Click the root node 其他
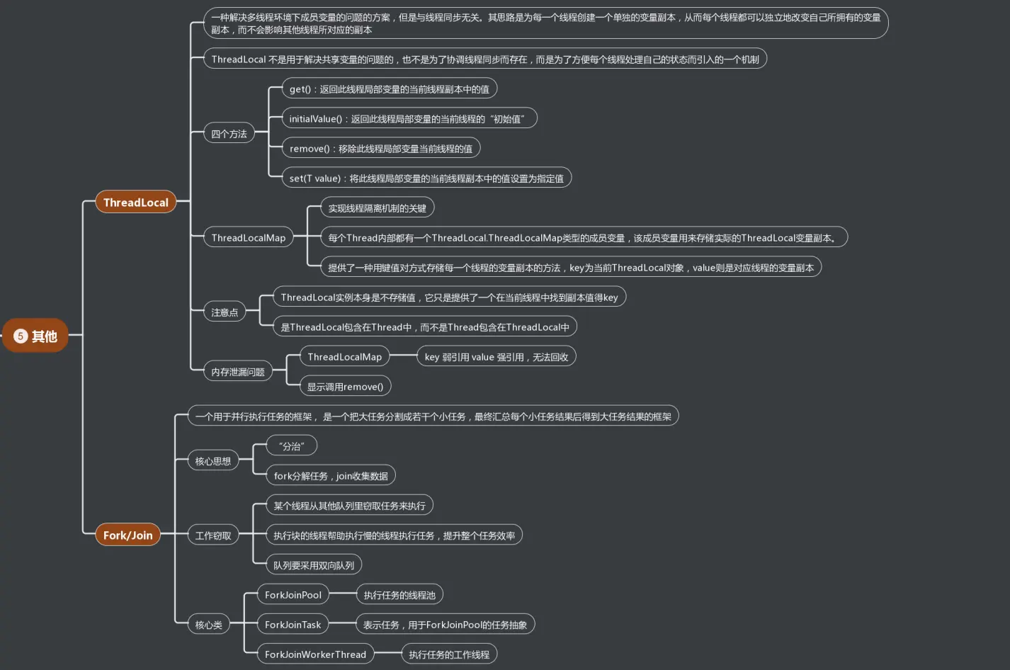pos(36,336)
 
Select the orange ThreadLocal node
pos(135,203)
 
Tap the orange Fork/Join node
pos(127,535)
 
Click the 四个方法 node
pos(229,134)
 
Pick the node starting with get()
pos(389,89)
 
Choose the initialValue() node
pos(408,119)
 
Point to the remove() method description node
pos(380,149)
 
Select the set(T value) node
pos(426,178)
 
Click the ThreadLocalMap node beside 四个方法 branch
pos(248,238)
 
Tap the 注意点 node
pos(225,312)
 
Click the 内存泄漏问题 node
pos(237,372)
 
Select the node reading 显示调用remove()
pos(345,387)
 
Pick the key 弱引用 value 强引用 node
pos(496,357)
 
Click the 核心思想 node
pos(212,461)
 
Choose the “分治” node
pos(291,446)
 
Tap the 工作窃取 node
pos(212,535)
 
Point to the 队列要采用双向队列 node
pos(314,565)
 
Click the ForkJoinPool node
pos(293,595)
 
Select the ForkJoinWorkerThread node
pos(315,654)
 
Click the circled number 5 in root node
pos(21,336)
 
